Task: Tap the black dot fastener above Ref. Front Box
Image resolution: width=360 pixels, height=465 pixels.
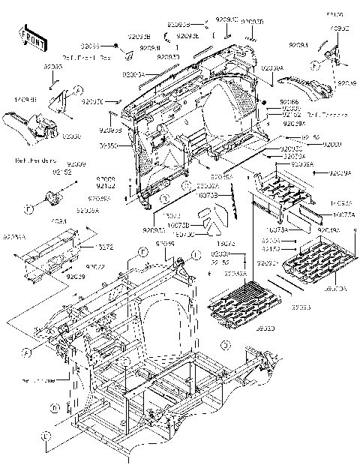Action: (117, 46)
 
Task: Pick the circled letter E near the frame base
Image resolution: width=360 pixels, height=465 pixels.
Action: (46, 435)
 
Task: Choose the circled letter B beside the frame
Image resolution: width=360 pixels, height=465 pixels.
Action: (57, 408)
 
